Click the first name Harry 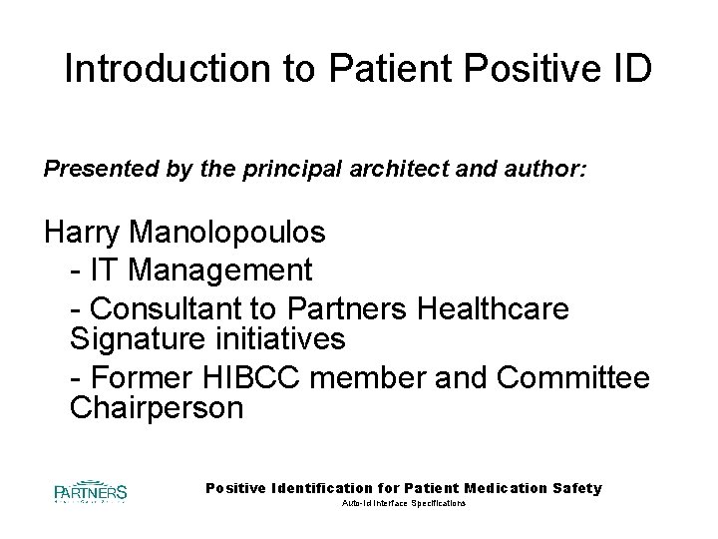tap(84, 233)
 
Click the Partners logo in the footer tap(90, 492)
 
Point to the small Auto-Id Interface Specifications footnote tap(403, 505)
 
